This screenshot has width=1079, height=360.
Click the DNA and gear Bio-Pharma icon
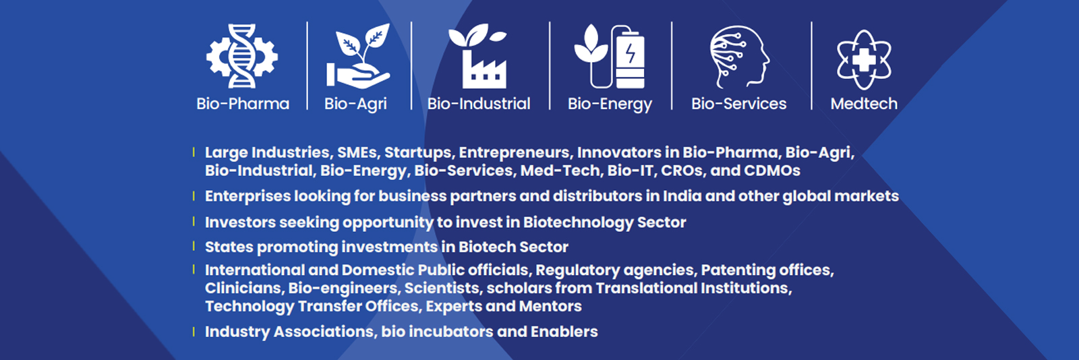tap(242, 57)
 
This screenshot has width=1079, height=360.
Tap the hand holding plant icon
tap(358, 57)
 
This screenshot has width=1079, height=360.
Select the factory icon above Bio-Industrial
tap(477, 57)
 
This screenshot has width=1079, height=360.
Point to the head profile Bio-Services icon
tap(739, 57)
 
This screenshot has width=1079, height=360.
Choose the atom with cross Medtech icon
tap(864, 60)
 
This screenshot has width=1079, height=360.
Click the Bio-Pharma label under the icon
tap(243, 103)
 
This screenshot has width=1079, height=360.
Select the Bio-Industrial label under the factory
tap(479, 103)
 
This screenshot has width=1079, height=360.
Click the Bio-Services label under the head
tap(739, 103)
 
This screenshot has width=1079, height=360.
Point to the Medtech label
tap(864, 103)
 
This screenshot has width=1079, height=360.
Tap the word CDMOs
tap(771, 171)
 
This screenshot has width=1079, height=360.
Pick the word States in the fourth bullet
tap(229, 247)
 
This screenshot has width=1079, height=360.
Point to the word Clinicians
tap(243, 289)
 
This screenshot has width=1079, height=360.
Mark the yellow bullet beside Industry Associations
tap(194, 332)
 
